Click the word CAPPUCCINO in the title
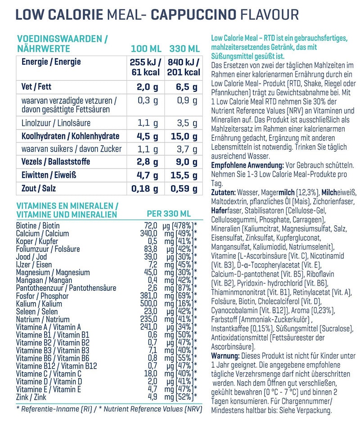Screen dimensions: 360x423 pos(193,14)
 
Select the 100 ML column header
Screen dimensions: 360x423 pos(146,49)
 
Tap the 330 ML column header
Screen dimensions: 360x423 pos(184,49)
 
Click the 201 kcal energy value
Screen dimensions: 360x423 pos(184,72)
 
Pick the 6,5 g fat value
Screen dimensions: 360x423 pos(187,87)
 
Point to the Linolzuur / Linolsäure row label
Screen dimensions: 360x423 pos(56,123)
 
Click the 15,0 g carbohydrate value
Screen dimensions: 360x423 pos(184,137)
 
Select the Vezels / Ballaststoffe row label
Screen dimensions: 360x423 pos(56,161)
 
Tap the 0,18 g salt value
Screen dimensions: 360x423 pos(145,188)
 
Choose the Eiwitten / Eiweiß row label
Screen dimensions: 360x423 pos(49,175)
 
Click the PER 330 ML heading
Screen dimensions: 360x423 pos(169,214)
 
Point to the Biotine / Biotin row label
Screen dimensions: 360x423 pos(38,226)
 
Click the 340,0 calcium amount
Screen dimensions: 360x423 pos(148,233)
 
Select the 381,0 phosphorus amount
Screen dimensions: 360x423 pos(148,296)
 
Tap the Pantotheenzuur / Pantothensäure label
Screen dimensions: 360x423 pos(66,288)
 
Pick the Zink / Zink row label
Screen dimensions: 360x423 pos(31,397)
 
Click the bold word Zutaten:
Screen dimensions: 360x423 pos(223,192)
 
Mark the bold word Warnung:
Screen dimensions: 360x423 pos(225,356)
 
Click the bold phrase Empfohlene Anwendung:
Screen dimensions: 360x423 pos(247,165)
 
